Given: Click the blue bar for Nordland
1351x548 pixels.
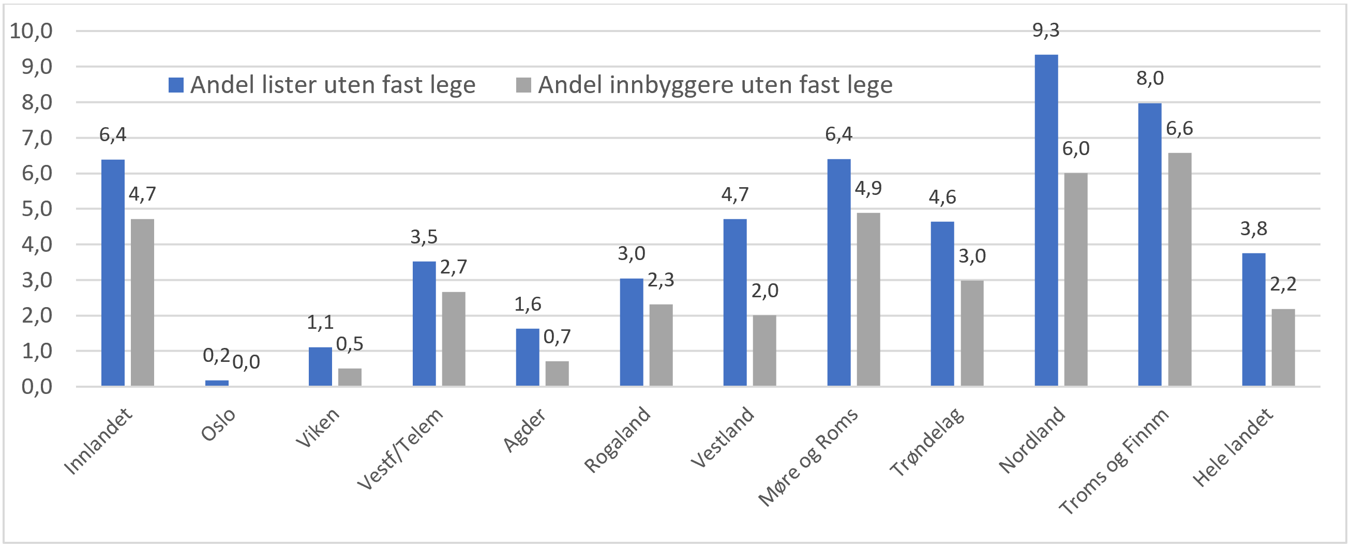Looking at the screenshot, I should tap(1046, 220).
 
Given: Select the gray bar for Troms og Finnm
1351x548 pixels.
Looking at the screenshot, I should tap(1179, 269).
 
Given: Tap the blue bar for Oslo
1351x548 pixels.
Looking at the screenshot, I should tap(217, 383).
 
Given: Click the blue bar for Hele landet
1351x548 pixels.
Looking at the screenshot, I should tap(1253, 319).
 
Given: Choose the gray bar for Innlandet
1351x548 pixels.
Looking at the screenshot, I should tap(142, 302).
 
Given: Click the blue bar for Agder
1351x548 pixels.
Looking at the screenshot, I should tap(527, 357).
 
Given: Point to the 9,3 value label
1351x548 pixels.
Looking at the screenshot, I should tap(1046, 31).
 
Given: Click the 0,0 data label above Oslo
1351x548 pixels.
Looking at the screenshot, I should tap(246, 362).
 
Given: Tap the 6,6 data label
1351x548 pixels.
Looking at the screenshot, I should tap(1179, 129).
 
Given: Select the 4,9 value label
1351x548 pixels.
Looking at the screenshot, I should tap(868, 188).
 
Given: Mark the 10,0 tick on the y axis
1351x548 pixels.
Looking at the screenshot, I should tap(32, 31).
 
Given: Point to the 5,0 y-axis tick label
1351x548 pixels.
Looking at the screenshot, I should tap(37, 209).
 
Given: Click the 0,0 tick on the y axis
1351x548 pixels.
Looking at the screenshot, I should tap(37, 387).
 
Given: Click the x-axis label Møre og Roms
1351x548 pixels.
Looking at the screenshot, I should tap(808, 456).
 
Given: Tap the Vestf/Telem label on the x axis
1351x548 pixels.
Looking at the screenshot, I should tap(401, 448).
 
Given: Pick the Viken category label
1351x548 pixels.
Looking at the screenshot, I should tap(318, 428).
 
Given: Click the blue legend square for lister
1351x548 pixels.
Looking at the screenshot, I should tap(176, 85).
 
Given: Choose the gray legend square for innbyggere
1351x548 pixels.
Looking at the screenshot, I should tap(523, 85).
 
